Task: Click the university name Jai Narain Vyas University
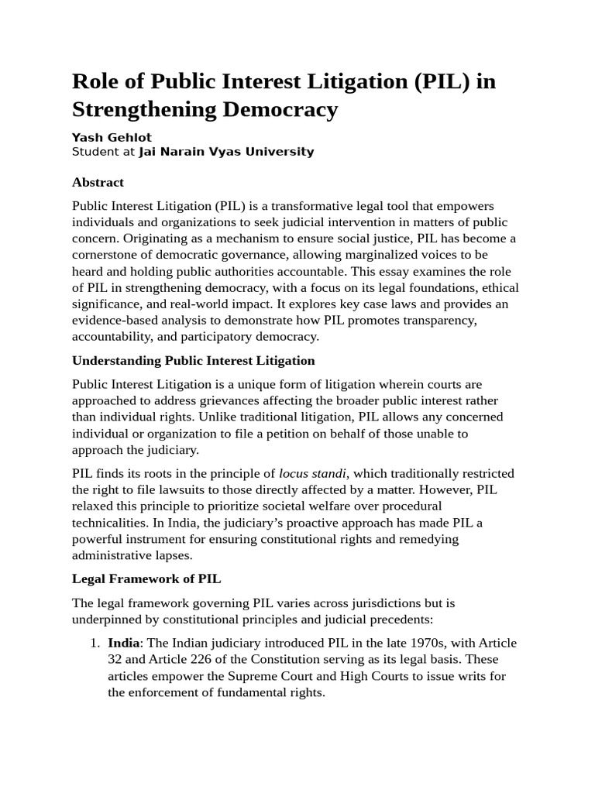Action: tap(226, 152)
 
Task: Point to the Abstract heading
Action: tap(98, 183)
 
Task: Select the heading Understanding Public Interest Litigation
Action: tap(193, 360)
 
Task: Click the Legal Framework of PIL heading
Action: tap(146, 578)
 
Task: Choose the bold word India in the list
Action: tap(123, 644)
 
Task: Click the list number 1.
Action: tap(94, 644)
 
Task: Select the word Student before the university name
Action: tap(95, 152)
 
